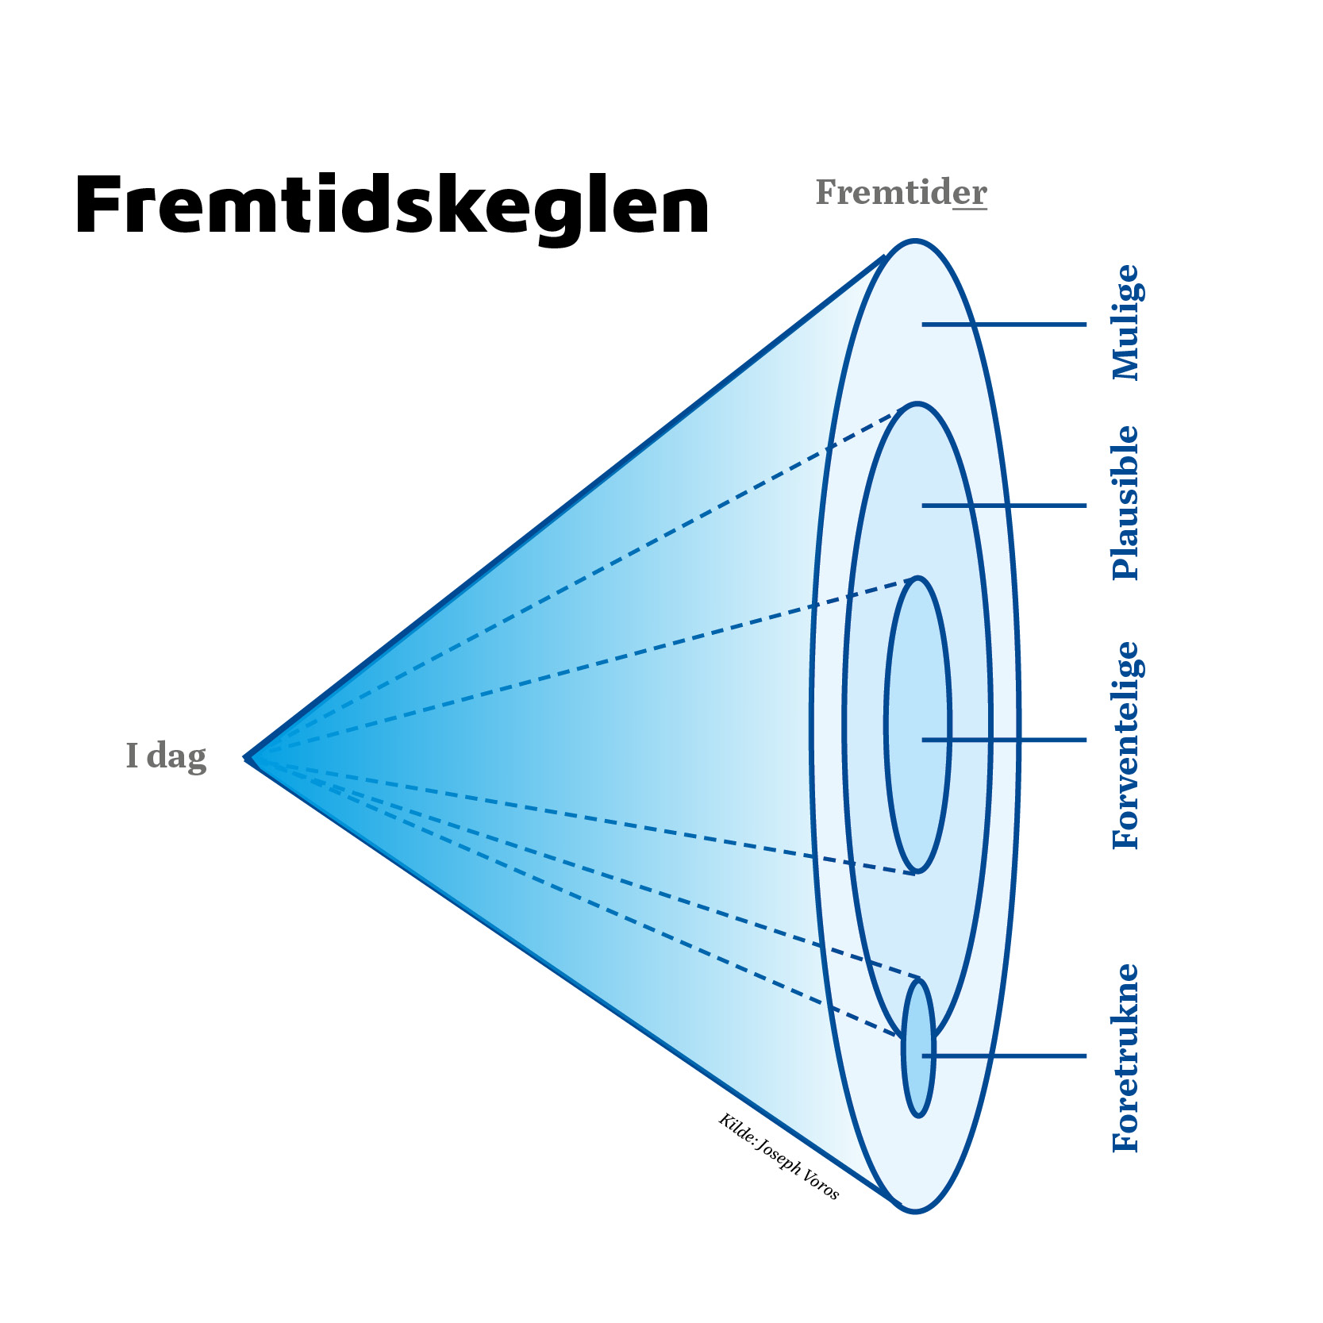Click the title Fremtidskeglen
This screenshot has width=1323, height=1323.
[x=392, y=206]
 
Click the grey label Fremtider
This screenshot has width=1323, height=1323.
[x=901, y=193]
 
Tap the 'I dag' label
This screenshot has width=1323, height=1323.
[x=166, y=756]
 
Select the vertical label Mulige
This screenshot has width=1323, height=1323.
[x=1126, y=323]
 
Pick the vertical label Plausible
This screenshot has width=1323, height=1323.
[x=1125, y=503]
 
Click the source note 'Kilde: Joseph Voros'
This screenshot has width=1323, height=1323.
[x=779, y=1156]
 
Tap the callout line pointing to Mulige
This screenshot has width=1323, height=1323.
[x=1004, y=325]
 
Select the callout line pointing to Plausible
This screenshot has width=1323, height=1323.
[x=1004, y=506]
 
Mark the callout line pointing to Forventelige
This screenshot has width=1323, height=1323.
[x=1004, y=740]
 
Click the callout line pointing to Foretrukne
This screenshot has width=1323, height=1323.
[x=1004, y=1056]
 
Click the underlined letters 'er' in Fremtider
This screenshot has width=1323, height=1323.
[x=970, y=193]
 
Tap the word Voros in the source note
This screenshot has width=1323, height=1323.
[x=820, y=1183]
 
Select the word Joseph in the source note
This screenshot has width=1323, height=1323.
[x=779, y=1157]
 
